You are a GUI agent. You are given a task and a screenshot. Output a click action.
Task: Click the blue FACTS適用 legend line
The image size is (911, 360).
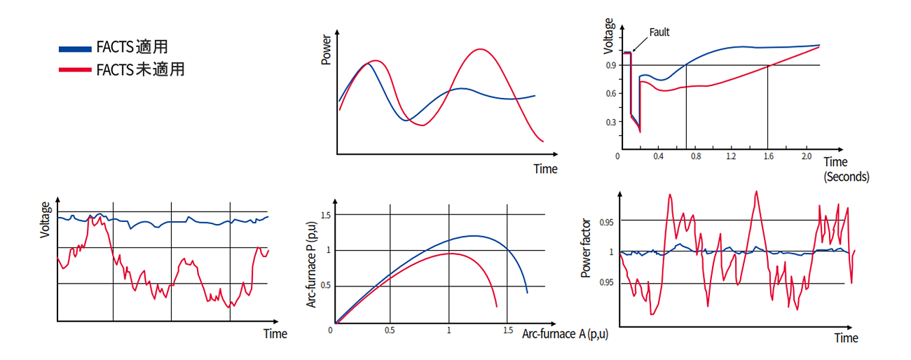(75, 48)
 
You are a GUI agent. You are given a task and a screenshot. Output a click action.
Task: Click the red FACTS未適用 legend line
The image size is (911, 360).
(75, 70)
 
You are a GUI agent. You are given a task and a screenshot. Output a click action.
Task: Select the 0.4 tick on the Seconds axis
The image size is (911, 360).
(659, 156)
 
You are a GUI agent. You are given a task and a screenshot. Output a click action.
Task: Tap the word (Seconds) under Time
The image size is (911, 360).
(847, 176)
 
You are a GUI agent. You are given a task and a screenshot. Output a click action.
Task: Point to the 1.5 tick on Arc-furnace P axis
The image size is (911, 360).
(323, 214)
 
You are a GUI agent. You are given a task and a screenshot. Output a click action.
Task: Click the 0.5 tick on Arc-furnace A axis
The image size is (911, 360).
(389, 330)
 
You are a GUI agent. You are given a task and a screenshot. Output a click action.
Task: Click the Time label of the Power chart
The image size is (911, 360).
(545, 169)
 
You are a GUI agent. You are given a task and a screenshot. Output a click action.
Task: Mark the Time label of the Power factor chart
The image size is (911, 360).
(846, 338)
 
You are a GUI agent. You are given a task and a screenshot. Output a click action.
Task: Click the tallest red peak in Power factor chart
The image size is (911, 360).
(756, 191)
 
